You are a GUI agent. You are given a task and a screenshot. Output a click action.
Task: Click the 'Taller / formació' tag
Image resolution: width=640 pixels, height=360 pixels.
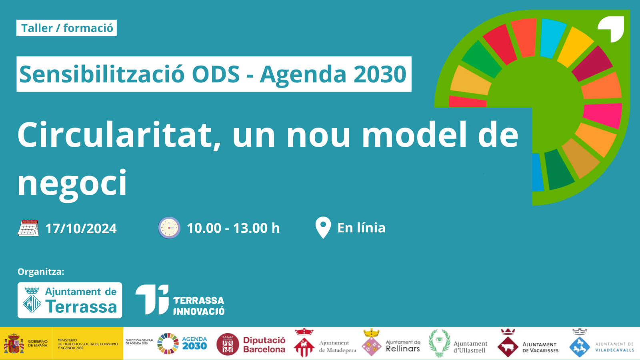click(66, 28)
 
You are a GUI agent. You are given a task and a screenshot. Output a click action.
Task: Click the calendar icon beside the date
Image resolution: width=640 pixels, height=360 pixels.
click(28, 228)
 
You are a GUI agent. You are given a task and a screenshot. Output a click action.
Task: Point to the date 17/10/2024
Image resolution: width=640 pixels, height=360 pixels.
click(81, 228)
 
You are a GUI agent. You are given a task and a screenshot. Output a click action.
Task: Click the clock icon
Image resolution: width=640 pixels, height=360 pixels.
click(169, 228)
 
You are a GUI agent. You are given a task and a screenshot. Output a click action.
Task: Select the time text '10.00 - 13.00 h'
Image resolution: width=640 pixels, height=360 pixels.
click(233, 228)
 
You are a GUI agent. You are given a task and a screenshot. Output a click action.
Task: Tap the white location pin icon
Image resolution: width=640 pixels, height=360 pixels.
click(323, 228)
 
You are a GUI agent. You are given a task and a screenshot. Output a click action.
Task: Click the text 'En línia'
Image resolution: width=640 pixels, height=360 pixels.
click(362, 228)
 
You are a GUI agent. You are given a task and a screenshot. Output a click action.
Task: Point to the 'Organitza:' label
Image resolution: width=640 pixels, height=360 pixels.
click(41, 272)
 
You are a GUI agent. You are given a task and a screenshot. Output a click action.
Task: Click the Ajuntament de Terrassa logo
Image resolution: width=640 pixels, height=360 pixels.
click(70, 300)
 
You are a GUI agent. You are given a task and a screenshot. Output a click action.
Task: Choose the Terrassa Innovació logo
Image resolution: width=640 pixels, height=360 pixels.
click(180, 300)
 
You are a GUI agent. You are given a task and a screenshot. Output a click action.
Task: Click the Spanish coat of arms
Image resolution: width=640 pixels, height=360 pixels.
click(14, 344)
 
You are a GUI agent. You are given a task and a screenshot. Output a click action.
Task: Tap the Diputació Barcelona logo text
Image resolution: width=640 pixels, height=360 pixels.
click(264, 344)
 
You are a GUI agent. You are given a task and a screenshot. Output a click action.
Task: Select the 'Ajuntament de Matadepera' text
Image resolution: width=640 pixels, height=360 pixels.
click(338, 346)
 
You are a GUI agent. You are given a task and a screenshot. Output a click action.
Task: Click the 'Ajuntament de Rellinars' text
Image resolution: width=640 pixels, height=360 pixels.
click(403, 346)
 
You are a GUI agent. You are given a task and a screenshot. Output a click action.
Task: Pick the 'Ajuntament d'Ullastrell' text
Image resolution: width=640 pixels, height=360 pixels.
click(470, 347)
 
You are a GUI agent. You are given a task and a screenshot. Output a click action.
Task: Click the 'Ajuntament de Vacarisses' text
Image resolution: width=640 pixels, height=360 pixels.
click(540, 347)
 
